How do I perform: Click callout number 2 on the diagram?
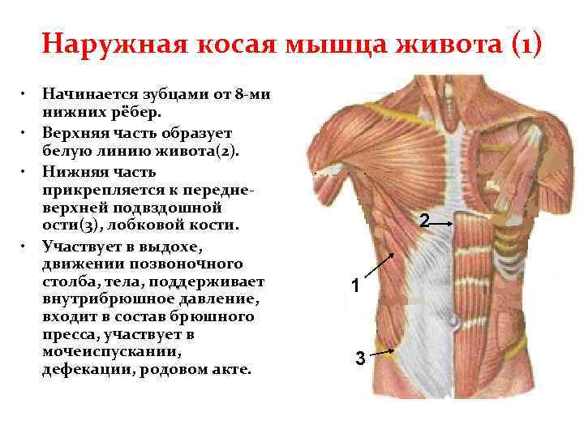coord(423,220)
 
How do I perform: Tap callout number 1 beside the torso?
coord(354,286)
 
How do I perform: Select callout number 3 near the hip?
coord(359,359)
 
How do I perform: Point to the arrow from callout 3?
coord(381,353)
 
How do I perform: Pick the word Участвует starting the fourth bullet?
coord(78,247)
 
